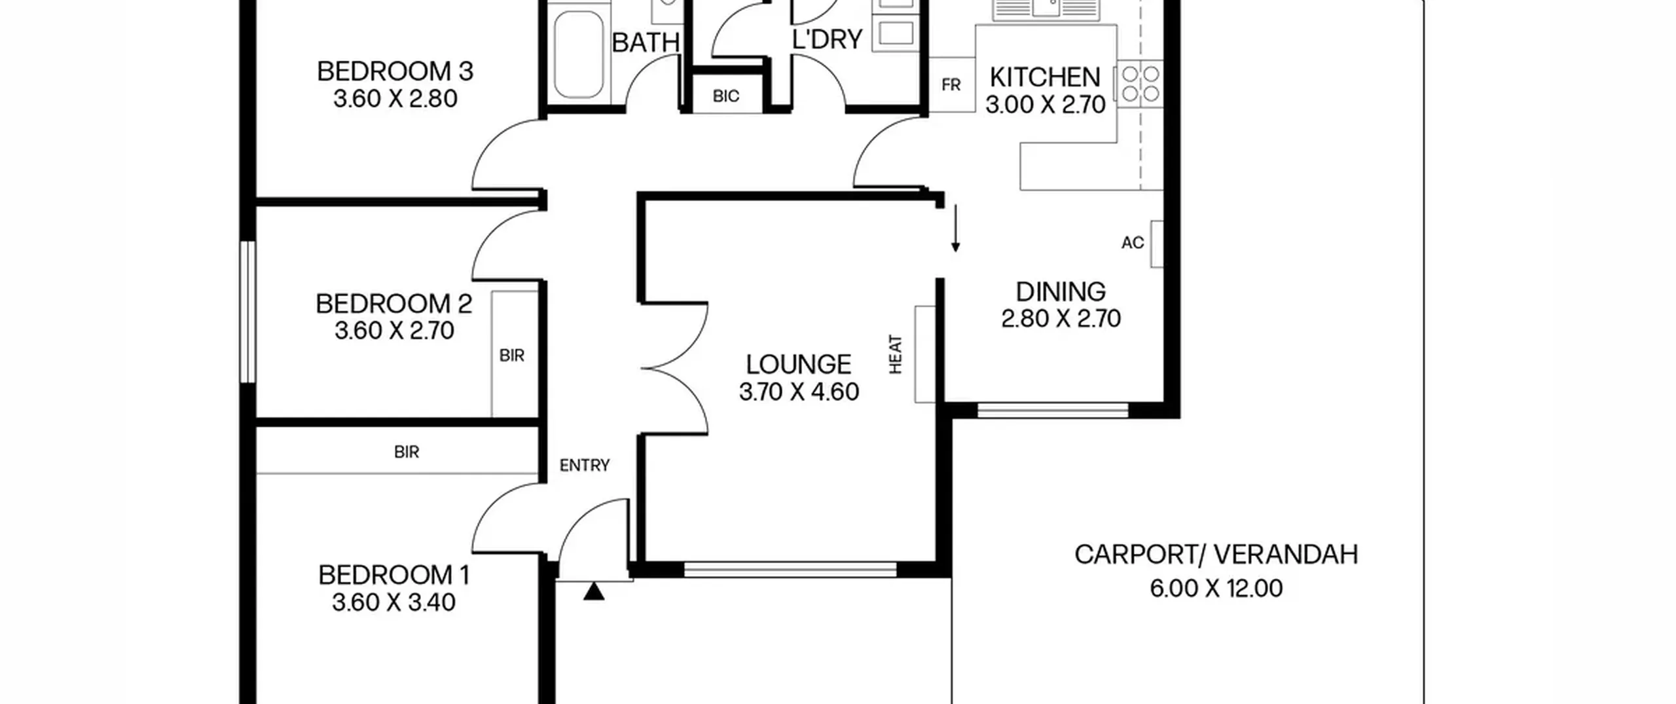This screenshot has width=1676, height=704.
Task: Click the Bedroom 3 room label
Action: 395,71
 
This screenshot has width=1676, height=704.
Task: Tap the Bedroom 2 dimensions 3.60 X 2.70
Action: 395,331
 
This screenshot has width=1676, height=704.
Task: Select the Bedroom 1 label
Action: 394,575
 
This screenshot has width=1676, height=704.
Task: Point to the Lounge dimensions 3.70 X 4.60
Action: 799,392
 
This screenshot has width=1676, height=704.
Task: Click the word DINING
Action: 1061,291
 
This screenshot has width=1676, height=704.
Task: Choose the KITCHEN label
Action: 1045,77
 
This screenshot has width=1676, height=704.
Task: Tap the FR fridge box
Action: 952,84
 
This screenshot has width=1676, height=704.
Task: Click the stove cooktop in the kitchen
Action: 1140,84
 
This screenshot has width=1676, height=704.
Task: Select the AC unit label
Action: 1133,243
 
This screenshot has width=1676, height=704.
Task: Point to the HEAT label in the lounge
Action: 896,354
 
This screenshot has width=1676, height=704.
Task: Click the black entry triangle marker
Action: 594,591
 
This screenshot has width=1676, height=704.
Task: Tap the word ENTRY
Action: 585,465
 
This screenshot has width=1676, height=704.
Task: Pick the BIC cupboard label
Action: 726,96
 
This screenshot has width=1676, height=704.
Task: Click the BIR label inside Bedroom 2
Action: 512,356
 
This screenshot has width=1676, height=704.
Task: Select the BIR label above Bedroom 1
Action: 407,452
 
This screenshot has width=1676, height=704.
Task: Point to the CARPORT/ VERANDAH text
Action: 1216,555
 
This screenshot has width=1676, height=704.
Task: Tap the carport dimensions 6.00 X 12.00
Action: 1216,588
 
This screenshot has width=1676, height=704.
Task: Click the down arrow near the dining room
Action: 956,228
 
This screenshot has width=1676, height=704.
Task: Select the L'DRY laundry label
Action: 828,40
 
